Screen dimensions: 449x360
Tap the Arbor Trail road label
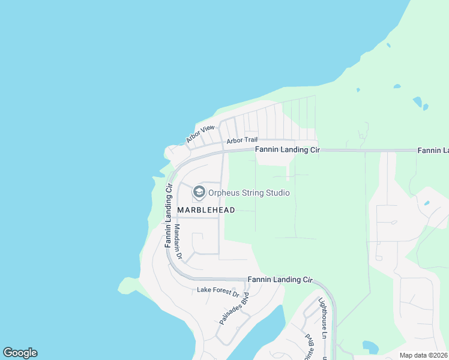click(241, 141)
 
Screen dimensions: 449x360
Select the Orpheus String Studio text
click(249, 193)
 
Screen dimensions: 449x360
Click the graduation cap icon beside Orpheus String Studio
click(199, 193)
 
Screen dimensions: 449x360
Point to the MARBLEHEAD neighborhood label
click(206, 210)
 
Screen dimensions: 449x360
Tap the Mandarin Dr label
click(178, 242)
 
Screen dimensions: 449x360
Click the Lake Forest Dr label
click(218, 292)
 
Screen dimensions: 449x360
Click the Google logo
click(20, 353)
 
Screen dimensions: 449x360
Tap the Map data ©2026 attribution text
click(423, 355)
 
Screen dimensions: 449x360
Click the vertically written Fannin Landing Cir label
click(168, 216)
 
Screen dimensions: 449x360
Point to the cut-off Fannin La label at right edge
click(433, 150)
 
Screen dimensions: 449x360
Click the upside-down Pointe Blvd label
click(310, 347)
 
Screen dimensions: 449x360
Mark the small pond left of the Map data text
click(370, 347)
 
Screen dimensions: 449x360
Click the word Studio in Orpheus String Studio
click(279, 193)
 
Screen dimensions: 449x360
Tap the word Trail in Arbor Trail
click(250, 141)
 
